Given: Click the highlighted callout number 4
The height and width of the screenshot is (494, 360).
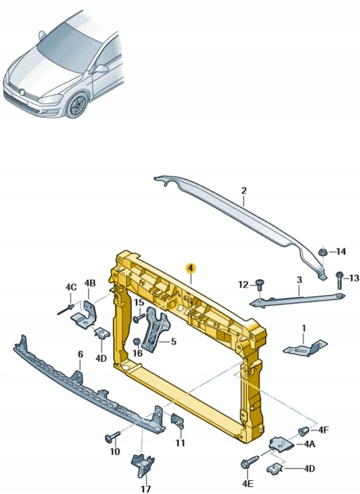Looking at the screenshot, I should coord(191,268).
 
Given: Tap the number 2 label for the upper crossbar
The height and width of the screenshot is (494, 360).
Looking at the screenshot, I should coord(244,191).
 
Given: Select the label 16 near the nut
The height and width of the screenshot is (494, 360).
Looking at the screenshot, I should coord(138,353).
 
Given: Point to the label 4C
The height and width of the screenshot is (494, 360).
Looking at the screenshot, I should coord(70,288).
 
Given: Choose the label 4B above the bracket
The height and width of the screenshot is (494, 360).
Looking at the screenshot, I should coord(89,284).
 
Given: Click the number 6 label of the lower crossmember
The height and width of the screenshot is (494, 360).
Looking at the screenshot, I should coord(80,354).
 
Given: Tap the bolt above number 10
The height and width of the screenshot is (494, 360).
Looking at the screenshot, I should coord(112,437).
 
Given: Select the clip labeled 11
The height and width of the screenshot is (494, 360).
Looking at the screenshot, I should coord(176,421).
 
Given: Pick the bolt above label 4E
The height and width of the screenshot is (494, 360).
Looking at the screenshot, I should coord(248,463).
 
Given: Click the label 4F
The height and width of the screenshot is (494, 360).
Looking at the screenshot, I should coord(323,429).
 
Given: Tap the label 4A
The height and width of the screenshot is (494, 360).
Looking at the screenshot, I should coord(310,443).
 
